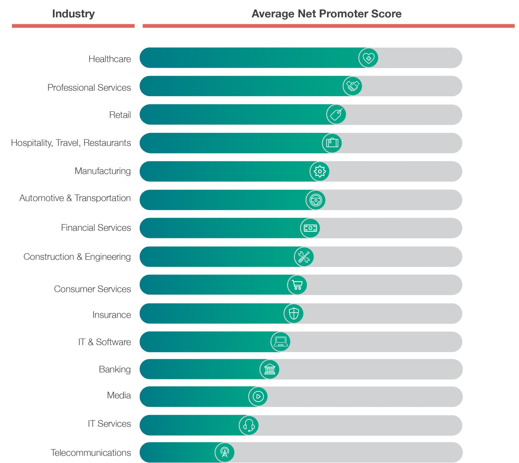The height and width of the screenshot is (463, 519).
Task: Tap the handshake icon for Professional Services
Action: click(352, 86)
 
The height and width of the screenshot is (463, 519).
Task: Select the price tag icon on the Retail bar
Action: click(336, 114)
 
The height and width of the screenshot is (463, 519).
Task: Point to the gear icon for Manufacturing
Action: click(319, 171)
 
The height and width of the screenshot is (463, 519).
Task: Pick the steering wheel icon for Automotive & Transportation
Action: click(315, 200)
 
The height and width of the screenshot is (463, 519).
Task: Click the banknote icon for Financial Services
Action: click(310, 228)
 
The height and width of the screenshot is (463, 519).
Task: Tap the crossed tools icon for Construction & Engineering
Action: click(304, 257)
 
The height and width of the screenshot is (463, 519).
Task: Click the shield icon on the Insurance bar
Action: click(293, 313)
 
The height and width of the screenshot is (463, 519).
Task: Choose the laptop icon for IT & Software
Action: click(280, 342)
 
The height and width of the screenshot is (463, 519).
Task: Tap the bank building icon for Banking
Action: click(269, 369)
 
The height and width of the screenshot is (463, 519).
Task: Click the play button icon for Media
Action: click(258, 397)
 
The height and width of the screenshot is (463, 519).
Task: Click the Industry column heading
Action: click(73, 14)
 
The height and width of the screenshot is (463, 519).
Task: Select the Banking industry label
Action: click(115, 369)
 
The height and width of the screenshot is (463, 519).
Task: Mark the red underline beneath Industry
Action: click(73, 26)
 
